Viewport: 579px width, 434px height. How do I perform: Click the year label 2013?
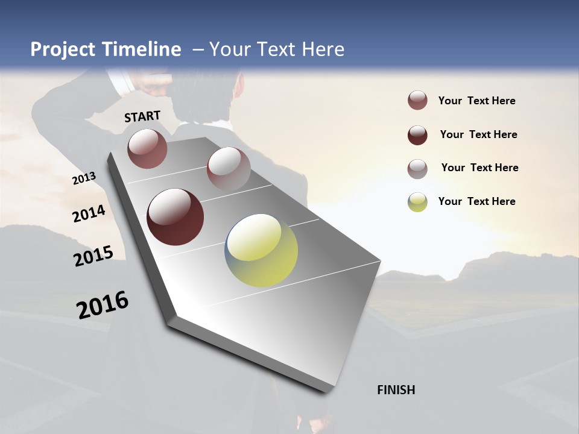[84, 178]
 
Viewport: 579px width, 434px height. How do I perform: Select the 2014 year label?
[89, 214]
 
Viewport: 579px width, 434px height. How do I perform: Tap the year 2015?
[93, 256]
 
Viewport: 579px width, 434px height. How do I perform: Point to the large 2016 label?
[103, 304]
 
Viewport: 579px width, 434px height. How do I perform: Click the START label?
[142, 116]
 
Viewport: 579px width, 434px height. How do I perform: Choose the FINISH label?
[396, 390]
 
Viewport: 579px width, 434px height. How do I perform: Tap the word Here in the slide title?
[323, 49]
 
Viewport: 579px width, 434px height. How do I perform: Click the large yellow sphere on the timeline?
[261, 250]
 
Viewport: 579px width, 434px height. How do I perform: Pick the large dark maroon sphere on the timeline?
[176, 217]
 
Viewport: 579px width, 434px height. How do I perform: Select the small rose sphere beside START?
[147, 148]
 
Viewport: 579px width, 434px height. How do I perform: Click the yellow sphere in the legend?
[417, 202]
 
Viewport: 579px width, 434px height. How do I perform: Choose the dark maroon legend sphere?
[417, 135]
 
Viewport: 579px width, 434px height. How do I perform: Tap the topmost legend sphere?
[417, 101]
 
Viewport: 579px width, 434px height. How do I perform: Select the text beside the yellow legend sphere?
[476, 201]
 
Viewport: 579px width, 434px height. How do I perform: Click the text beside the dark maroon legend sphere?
[478, 134]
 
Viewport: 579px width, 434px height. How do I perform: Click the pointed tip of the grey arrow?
[326, 392]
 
